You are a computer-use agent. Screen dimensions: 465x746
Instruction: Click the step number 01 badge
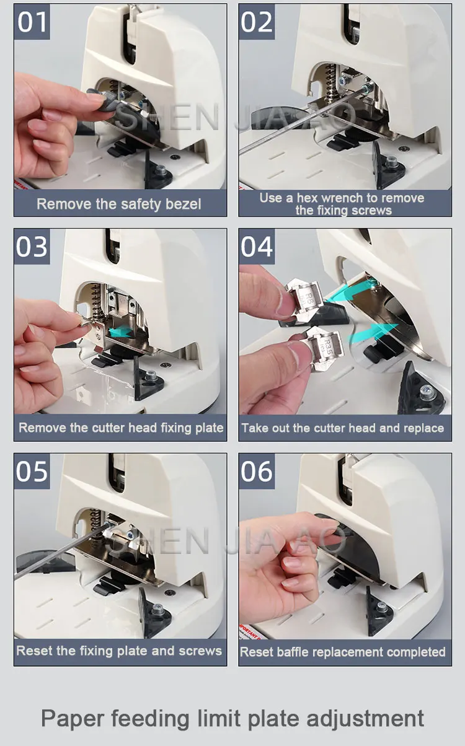click(32, 22)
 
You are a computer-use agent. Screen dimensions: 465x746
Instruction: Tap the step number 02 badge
click(257, 22)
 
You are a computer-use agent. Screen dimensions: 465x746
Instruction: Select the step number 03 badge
click(32, 247)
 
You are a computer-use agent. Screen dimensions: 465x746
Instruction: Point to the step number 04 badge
click(257, 247)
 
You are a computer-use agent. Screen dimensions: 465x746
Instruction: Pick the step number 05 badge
click(32, 471)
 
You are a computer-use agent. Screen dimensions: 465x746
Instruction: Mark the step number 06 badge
click(257, 471)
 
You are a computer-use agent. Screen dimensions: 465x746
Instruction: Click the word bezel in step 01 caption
click(184, 204)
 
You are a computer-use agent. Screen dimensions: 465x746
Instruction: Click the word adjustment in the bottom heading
click(365, 719)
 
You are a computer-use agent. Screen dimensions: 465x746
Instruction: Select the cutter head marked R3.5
click(325, 349)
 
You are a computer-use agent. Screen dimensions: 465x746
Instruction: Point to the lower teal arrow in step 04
click(373, 334)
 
